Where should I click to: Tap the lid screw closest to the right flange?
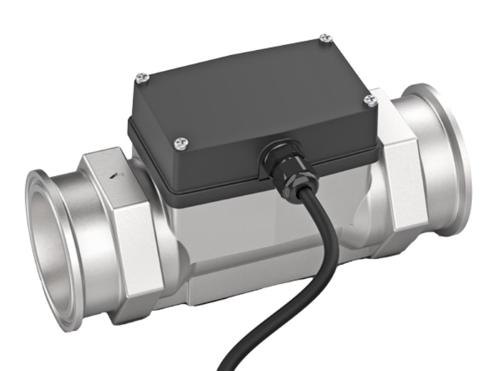(x=370, y=100)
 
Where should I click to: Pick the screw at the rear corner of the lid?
(x=324, y=39)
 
